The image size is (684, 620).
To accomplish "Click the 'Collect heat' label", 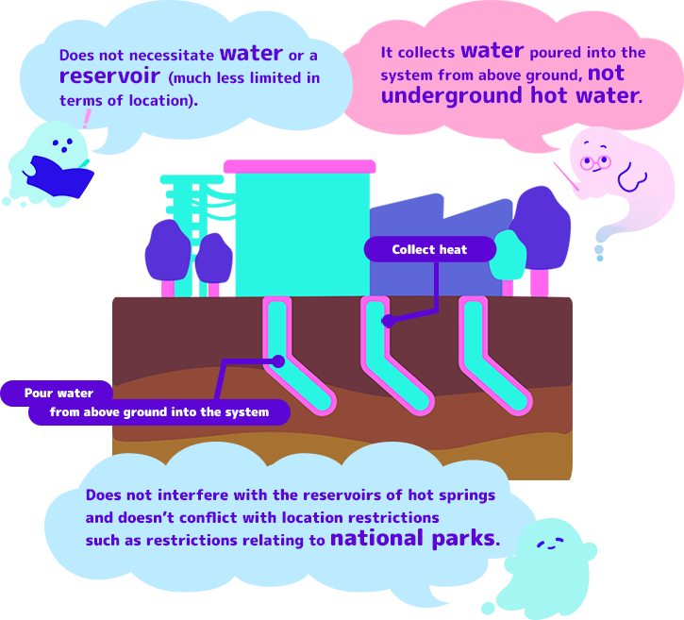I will [x=429, y=249].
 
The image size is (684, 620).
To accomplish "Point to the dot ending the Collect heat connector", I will [x=387, y=322].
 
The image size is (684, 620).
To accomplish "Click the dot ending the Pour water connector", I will [x=278, y=360].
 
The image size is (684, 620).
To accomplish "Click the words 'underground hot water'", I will [x=510, y=95].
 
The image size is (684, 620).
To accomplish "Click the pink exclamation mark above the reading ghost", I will [x=88, y=119].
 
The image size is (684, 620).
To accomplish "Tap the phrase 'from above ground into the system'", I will [x=158, y=412].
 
